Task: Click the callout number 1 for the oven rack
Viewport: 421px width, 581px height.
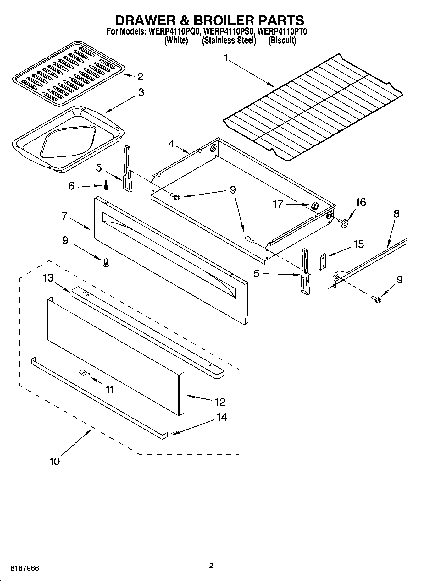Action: [226, 58]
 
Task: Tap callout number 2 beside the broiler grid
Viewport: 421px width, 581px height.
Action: [140, 77]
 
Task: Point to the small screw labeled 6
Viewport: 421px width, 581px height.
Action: [106, 186]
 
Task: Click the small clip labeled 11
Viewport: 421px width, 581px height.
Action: [84, 372]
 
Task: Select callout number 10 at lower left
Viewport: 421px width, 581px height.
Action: [54, 461]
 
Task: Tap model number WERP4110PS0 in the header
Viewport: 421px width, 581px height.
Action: [228, 31]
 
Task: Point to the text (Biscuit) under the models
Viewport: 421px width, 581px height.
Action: [282, 41]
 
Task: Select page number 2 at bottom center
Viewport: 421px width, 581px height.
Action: [211, 566]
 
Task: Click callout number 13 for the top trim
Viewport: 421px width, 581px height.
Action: [48, 278]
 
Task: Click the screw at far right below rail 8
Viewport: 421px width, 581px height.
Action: [376, 299]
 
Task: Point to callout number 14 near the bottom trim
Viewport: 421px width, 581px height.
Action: [221, 417]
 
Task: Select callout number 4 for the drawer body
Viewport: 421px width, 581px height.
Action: [171, 144]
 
